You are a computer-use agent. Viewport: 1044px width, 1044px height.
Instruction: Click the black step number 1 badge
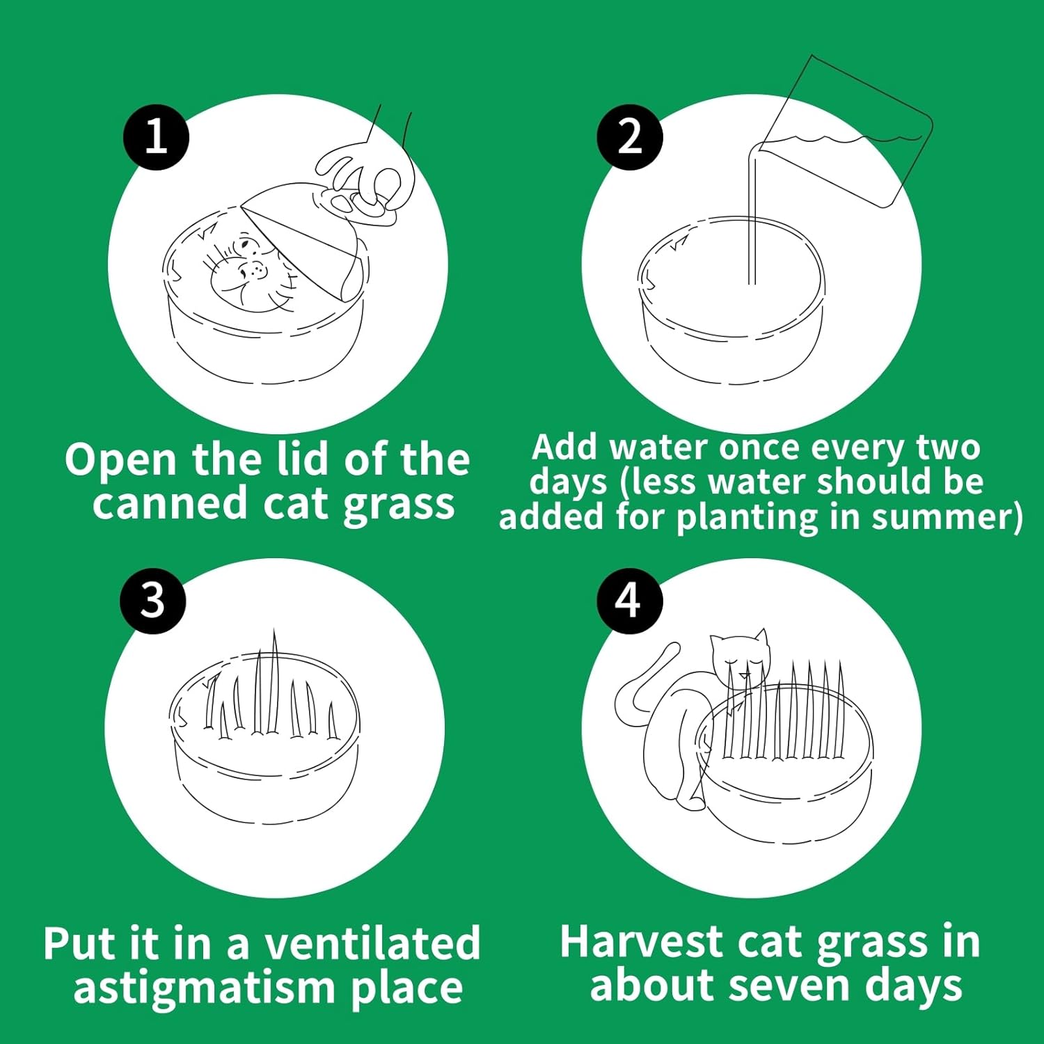coord(156,136)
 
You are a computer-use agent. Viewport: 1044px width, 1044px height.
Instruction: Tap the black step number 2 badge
coord(630,136)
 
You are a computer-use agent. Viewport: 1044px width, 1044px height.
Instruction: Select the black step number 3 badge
coord(153,600)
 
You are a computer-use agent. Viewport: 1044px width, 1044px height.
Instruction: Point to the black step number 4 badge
coord(629,600)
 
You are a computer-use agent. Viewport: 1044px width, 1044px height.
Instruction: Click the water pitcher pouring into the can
coord(846,132)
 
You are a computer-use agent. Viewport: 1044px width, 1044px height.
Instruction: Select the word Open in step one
coord(120,461)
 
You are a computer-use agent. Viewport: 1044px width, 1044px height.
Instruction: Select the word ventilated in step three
coord(372,943)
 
